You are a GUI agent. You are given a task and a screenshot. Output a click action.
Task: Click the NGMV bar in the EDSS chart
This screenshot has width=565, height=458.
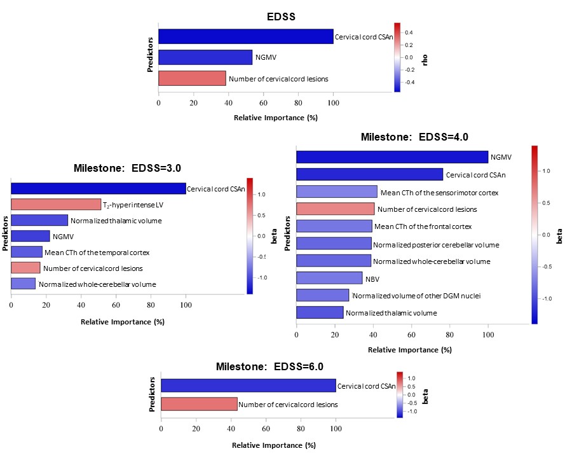205,57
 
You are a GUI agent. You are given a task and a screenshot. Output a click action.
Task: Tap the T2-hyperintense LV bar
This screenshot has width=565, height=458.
56,204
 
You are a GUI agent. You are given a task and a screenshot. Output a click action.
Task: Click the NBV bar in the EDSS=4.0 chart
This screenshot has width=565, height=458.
329,278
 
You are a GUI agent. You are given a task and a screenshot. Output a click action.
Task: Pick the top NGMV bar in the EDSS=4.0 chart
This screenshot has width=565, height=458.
391,157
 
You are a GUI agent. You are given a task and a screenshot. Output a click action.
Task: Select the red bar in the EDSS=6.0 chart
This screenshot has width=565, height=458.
199,404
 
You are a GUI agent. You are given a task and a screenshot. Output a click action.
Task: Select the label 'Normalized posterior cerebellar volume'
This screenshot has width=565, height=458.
436,244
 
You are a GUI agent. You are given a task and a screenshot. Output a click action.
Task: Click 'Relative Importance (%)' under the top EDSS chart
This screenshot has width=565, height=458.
275,118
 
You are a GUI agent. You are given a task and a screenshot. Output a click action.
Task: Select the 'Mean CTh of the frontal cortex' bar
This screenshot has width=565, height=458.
334,226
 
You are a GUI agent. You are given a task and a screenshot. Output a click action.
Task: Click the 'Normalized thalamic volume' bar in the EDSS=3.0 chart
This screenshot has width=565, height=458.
39,220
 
